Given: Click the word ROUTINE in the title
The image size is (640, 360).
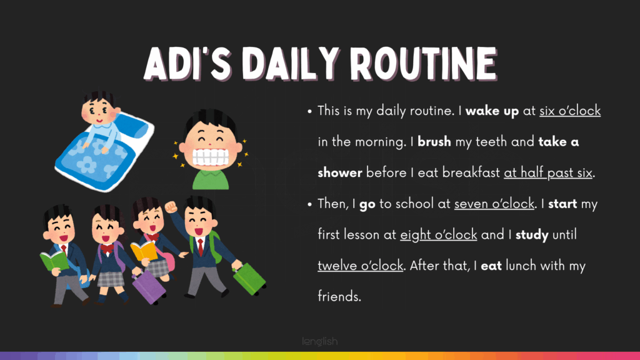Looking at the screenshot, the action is (x=424, y=64).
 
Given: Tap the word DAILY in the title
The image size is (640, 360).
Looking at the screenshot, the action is (x=291, y=64).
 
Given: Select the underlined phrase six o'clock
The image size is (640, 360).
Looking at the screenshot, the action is (x=570, y=111).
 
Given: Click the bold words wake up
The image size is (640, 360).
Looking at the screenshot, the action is (x=492, y=111).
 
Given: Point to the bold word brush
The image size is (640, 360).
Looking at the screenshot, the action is (x=434, y=142).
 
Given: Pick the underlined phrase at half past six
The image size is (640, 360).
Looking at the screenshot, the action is (x=547, y=172).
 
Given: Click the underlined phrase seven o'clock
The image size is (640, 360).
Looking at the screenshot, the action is (x=494, y=204).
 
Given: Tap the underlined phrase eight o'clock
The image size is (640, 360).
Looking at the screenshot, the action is (x=438, y=235).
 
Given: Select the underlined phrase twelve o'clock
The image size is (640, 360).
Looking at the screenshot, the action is (x=361, y=266).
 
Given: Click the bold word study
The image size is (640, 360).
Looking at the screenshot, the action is (x=532, y=235).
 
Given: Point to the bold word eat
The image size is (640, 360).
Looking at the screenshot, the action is (x=491, y=266).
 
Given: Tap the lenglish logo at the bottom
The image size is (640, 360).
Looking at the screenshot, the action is (x=320, y=341).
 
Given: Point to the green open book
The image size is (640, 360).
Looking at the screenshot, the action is (x=54, y=261).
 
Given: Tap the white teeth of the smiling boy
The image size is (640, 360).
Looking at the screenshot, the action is (x=210, y=157).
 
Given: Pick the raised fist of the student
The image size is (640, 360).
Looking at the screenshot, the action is (x=171, y=207).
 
